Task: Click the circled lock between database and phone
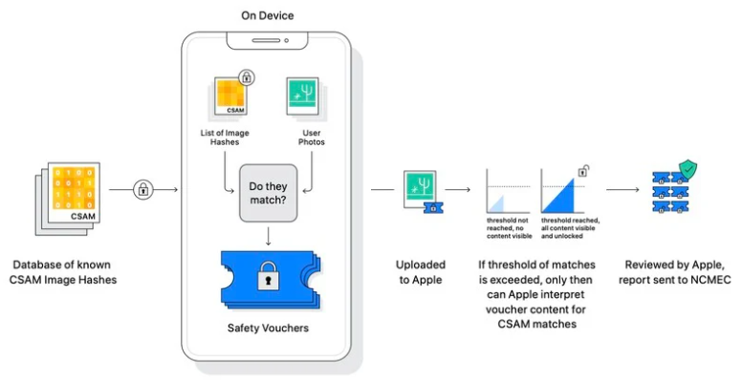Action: tap(143, 189)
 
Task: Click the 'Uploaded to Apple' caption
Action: tap(422, 271)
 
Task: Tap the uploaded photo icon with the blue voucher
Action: tap(422, 190)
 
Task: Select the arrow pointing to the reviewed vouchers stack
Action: tap(622, 189)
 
